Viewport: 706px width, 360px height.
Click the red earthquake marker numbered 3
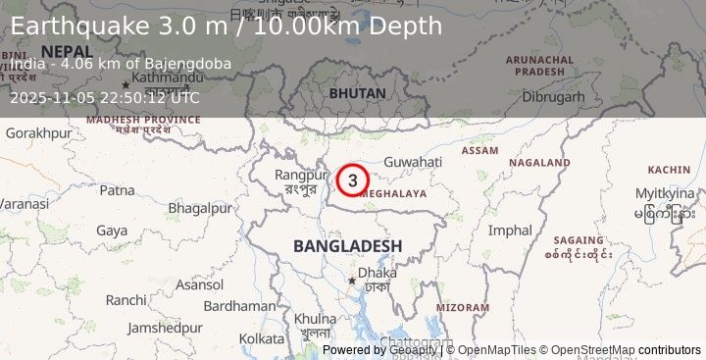point(352,180)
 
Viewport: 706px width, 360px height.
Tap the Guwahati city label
point(413,162)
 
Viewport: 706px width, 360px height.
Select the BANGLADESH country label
point(347,245)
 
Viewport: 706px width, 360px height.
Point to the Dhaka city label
point(378,273)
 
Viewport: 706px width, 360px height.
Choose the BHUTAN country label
point(357,92)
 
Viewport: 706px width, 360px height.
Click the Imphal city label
point(510,231)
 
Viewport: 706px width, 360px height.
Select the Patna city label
point(117,189)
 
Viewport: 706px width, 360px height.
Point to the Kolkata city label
point(261,338)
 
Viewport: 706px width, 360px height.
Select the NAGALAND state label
point(539,163)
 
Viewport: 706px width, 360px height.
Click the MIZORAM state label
point(462,307)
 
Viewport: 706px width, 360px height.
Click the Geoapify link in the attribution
point(414,349)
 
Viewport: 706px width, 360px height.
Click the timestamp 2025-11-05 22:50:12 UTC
point(105,97)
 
